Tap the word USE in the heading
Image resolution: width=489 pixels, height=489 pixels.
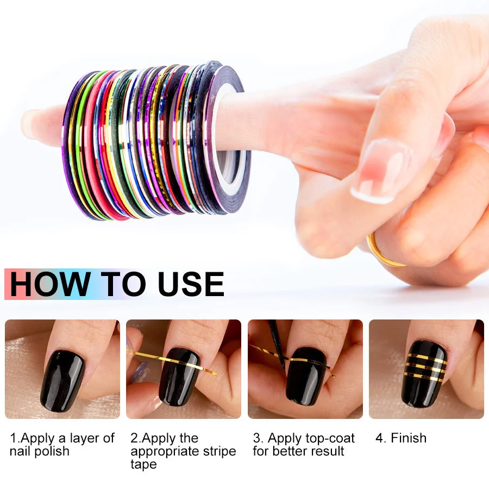point(191,284)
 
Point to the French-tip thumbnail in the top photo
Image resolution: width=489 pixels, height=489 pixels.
point(381,169)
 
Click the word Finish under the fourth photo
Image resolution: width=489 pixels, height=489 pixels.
point(408,438)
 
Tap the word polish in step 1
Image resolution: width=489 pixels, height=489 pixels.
point(53,452)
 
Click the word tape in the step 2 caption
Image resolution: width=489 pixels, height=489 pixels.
point(143,465)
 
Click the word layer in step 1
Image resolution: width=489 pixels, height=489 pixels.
point(83,438)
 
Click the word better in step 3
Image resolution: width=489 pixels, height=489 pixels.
point(289,452)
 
